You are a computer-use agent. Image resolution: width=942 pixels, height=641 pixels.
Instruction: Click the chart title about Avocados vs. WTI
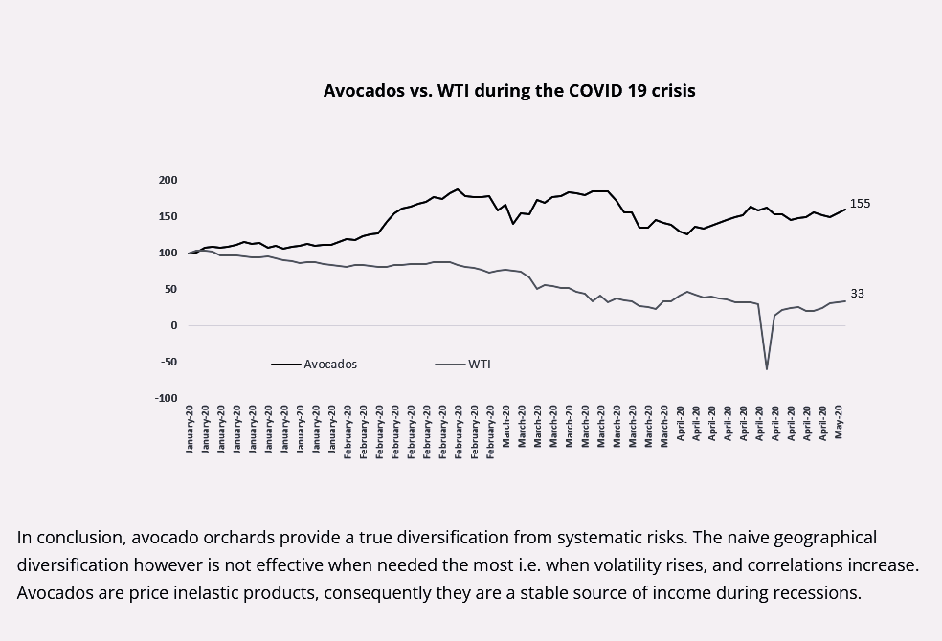pyautogui.click(x=509, y=91)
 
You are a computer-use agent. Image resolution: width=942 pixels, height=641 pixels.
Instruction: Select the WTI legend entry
pyautogui.click(x=479, y=365)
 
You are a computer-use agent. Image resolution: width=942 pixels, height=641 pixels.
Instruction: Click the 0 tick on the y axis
pyautogui.click(x=173, y=325)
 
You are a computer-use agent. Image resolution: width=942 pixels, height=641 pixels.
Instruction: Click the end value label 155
pyautogui.click(x=860, y=204)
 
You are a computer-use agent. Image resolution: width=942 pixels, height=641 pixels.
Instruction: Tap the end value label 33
pyautogui.click(x=857, y=294)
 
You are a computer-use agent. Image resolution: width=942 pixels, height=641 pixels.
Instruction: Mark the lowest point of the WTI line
pyautogui.click(x=767, y=368)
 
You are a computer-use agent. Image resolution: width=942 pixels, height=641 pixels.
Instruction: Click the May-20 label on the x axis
pyautogui.click(x=840, y=422)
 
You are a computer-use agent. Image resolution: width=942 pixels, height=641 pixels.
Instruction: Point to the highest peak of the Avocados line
pyautogui.click(x=458, y=189)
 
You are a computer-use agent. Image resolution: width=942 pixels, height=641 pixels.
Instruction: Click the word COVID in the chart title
pyautogui.click(x=598, y=91)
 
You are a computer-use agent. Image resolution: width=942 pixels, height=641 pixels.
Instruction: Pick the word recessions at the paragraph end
pyautogui.click(x=813, y=592)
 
